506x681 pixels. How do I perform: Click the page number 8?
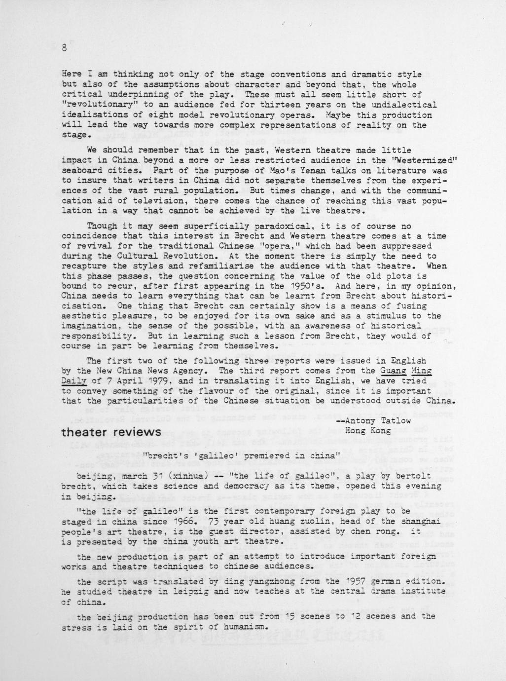tap(64, 48)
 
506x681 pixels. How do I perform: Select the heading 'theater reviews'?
tap(111, 433)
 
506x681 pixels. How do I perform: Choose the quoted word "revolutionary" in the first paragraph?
tap(96, 105)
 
